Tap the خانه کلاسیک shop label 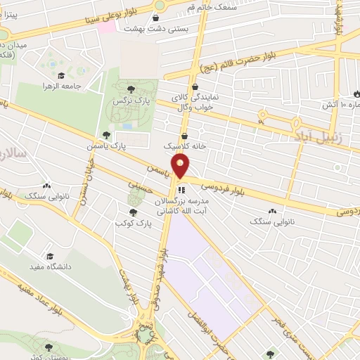point(184,148)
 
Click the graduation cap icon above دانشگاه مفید point(49,256)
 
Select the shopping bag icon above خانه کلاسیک point(184,136)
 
